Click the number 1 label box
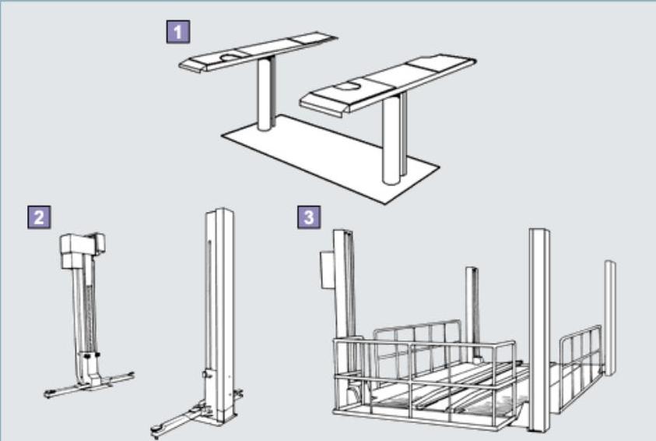(x=177, y=31)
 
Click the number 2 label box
(x=39, y=217)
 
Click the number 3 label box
(x=309, y=217)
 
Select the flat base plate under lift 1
(x=331, y=158)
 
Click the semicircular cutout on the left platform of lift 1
(x=231, y=57)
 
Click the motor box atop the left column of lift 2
(x=82, y=250)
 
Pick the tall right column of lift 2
(x=219, y=314)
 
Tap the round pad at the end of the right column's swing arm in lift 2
(x=157, y=429)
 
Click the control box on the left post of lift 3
(x=327, y=270)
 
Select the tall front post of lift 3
(x=539, y=330)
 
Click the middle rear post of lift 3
(x=472, y=313)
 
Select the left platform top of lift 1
(x=258, y=51)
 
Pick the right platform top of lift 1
(x=388, y=84)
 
